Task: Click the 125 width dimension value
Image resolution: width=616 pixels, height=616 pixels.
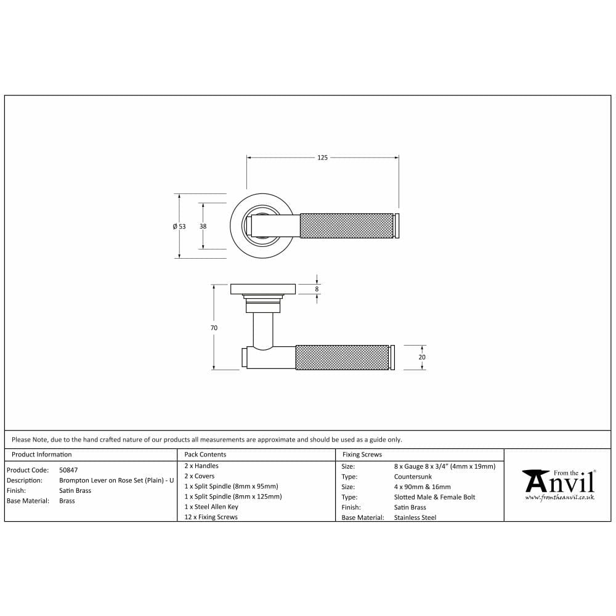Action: click(x=322, y=158)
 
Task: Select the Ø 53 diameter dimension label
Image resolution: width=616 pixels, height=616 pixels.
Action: click(x=179, y=226)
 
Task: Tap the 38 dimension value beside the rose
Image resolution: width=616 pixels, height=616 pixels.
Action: click(x=203, y=226)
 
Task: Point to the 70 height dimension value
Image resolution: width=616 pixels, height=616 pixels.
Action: click(x=214, y=328)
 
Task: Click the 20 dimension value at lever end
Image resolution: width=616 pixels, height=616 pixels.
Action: click(x=422, y=357)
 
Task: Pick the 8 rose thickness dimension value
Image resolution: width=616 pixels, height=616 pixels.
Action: click(x=317, y=289)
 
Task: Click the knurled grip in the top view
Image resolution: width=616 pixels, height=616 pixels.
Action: click(x=346, y=226)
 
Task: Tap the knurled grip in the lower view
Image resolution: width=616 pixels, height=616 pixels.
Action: click(x=342, y=357)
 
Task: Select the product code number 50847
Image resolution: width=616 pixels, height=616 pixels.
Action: click(x=68, y=470)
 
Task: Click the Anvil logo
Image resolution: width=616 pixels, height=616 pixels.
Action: click(x=559, y=481)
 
